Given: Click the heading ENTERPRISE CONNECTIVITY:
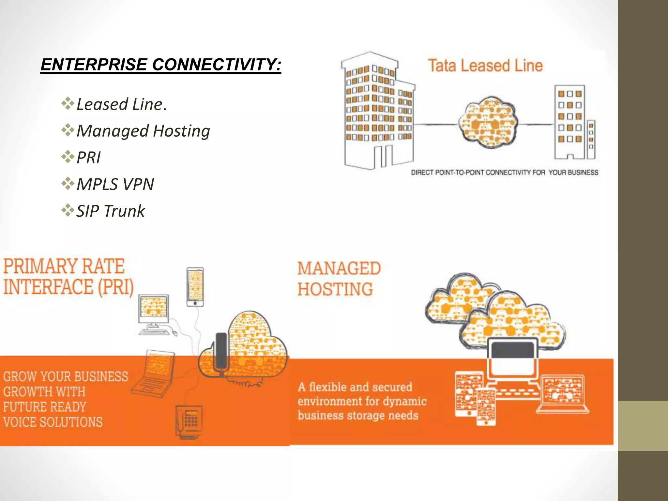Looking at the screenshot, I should [160, 65].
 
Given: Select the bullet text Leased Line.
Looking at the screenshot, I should [121, 104].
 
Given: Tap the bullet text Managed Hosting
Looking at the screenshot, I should [143, 131].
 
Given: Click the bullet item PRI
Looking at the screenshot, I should [88, 158].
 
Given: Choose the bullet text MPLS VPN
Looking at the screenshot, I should [115, 185].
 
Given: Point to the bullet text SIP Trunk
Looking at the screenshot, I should [111, 211].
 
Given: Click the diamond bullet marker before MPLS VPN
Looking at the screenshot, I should [68, 184].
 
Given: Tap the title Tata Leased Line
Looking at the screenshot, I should [485, 66].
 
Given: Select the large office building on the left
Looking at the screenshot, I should [378, 111].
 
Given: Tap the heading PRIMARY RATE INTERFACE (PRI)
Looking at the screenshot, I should [68, 277].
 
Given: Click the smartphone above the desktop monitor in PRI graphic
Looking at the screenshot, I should [195, 287].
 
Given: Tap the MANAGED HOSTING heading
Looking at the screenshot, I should [339, 279].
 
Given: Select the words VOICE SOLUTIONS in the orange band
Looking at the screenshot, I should [53, 422].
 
